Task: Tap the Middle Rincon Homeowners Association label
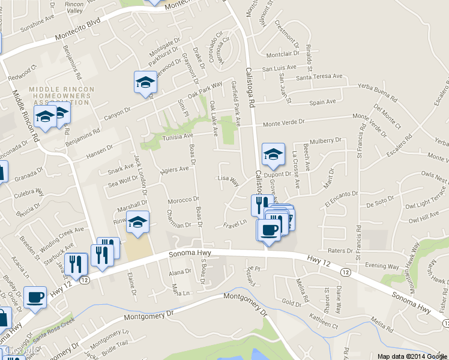pyautogui.click(x=60, y=95)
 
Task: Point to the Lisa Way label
pyautogui.click(x=229, y=179)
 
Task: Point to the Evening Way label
pyautogui.click(x=382, y=265)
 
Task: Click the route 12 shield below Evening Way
pyautogui.click(x=345, y=272)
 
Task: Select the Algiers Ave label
pyautogui.click(x=175, y=170)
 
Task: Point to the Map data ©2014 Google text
pyautogui.click(x=411, y=356)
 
